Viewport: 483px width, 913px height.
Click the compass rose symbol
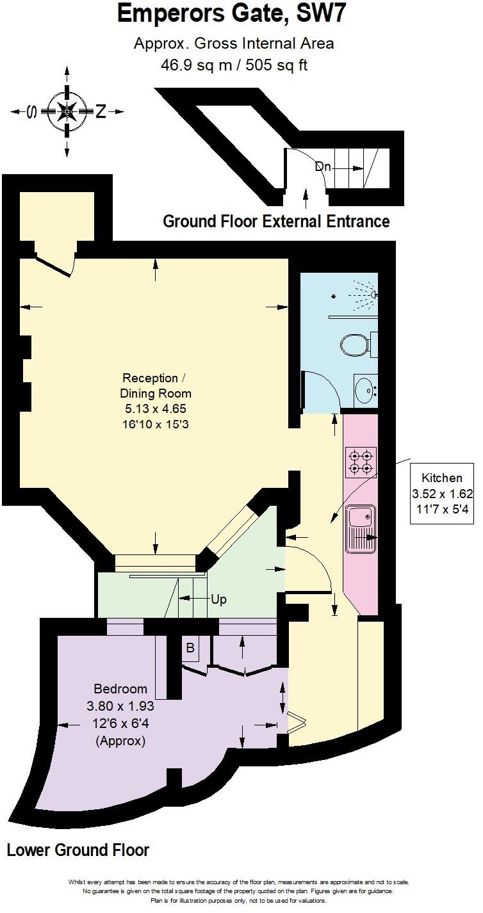coord(67,111)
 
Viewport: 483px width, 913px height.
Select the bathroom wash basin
coord(365,388)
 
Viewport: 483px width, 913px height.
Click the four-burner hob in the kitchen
coord(361,462)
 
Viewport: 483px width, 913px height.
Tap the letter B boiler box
coord(190,647)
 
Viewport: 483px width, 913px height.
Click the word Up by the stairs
coord(219,600)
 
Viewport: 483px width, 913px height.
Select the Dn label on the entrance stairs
coord(323,166)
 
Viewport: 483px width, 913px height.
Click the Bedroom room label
coord(120,689)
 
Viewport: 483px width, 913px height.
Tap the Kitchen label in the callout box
coord(441,478)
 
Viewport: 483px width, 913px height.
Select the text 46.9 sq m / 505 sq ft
coord(233,65)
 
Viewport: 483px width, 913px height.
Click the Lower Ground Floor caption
coord(78,850)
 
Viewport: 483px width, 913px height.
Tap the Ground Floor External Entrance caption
coord(276,222)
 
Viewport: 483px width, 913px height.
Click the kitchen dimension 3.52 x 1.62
coord(441,494)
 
